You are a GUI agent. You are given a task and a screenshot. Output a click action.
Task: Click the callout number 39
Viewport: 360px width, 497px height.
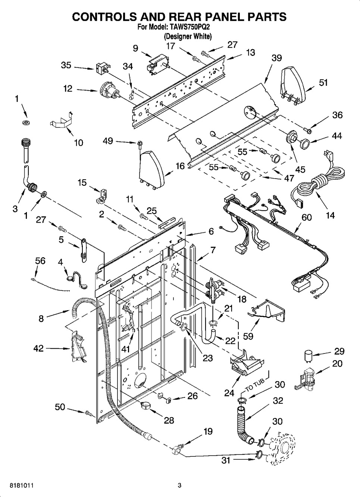(276, 58)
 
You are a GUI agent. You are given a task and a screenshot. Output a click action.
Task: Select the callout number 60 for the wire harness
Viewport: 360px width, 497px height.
(306, 217)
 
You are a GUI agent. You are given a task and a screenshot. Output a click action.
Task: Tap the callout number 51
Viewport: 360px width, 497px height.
(323, 82)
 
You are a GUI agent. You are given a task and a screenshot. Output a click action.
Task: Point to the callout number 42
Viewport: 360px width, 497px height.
(38, 349)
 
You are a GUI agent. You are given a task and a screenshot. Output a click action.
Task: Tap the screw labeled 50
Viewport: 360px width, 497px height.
(89, 413)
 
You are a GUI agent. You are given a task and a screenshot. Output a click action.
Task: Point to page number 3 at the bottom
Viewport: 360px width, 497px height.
(179, 485)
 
